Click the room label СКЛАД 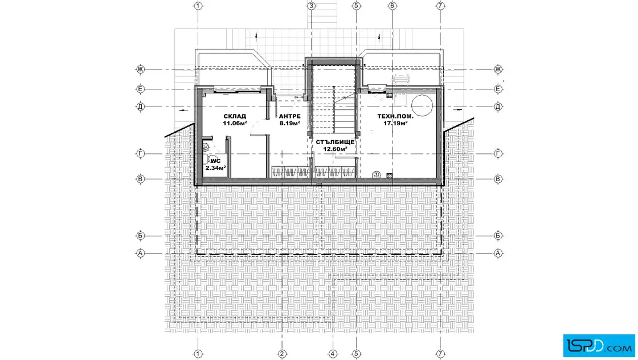pyautogui.click(x=235, y=116)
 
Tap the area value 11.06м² pyautogui.click(x=235, y=123)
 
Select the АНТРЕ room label pyautogui.click(x=290, y=116)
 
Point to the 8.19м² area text pyautogui.click(x=290, y=123)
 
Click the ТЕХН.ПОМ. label pyautogui.click(x=395, y=116)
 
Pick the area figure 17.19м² pyautogui.click(x=395, y=123)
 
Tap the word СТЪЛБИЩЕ pyautogui.click(x=336, y=142)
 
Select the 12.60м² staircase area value pyautogui.click(x=336, y=149)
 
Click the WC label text pyautogui.click(x=215, y=161)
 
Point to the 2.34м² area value pyautogui.click(x=216, y=168)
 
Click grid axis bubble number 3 pyautogui.click(x=311, y=6)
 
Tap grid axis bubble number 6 pyautogui.click(x=392, y=6)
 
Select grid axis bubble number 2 pyautogui.click(x=282, y=354)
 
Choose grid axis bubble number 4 pyautogui.click(x=333, y=354)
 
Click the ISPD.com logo pyautogui.click(x=599, y=346)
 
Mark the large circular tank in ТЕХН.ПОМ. pyautogui.click(x=422, y=105)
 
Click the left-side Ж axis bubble pyautogui.click(x=140, y=69)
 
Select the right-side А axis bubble pyautogui.click(x=498, y=253)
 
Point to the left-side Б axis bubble pyautogui.click(x=140, y=235)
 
